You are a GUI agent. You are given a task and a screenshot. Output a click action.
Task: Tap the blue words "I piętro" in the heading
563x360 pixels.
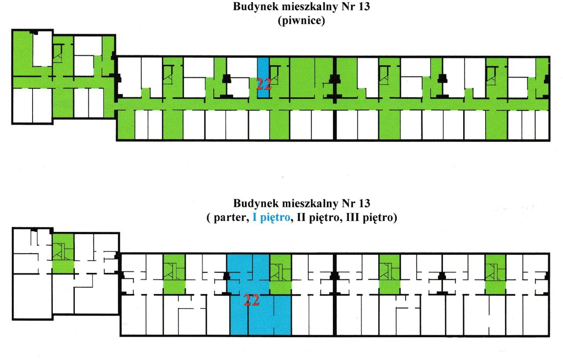click(x=271, y=217)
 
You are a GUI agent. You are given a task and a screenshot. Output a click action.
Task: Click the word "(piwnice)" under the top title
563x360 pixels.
click(x=301, y=20)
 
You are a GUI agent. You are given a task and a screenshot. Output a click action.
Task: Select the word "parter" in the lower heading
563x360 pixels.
click(x=229, y=218)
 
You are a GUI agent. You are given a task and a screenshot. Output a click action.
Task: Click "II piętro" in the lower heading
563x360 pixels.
click(x=318, y=217)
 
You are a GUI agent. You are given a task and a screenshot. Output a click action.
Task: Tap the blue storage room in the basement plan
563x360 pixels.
click(x=263, y=78)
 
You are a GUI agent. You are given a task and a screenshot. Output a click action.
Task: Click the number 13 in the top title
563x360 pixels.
click(x=364, y=7)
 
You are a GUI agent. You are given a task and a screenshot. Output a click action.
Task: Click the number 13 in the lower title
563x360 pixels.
click(x=364, y=203)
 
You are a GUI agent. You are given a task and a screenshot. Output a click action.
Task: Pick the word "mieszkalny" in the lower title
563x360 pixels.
click(x=310, y=204)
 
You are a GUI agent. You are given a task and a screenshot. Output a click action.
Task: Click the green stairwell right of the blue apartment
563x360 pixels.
click(x=281, y=275)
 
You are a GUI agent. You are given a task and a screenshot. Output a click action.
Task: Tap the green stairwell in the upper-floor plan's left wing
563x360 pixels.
click(x=63, y=253)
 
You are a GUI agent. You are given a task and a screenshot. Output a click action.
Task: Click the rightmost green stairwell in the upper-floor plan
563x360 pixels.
click(x=495, y=275)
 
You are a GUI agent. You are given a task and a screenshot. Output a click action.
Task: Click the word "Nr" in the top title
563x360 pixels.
click(x=348, y=7)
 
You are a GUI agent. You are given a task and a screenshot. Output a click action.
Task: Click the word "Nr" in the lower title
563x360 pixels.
click(x=348, y=203)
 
